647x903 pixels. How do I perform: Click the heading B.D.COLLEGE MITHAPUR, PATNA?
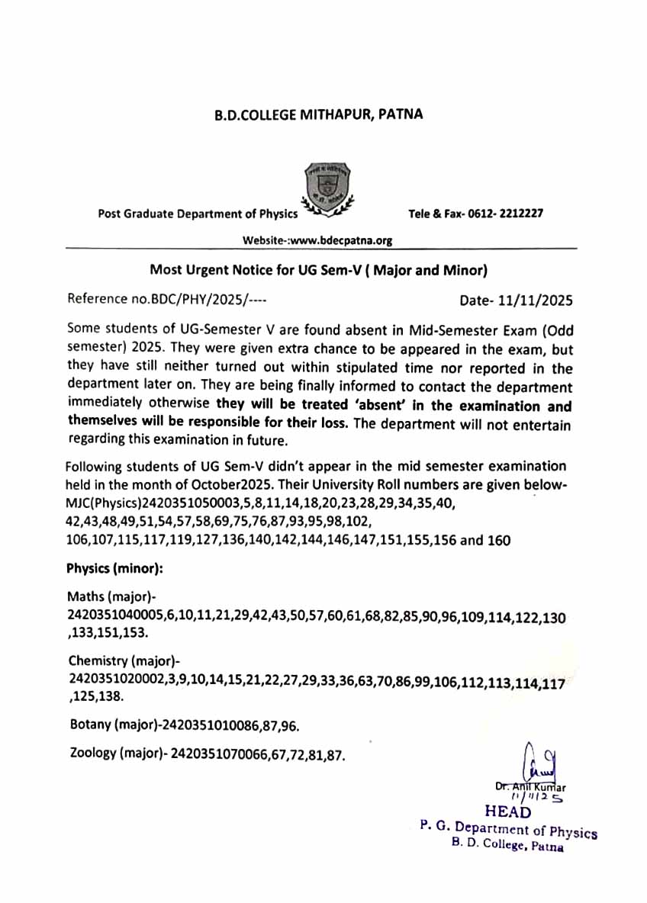coord(317,115)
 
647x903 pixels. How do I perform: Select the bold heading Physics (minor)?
coord(114,568)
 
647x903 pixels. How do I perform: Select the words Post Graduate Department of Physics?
coord(198,214)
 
